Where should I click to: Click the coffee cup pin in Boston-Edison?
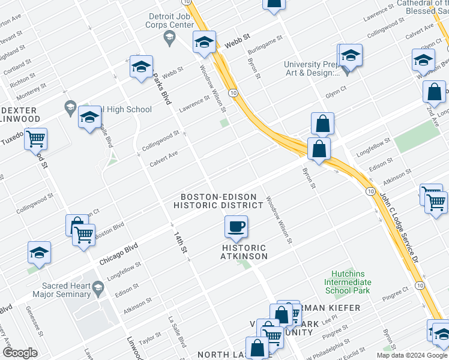click(236, 227)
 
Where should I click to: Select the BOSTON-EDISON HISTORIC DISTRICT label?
click(218, 201)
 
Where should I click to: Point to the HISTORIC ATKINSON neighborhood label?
click(244, 252)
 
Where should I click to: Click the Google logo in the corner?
click(20, 353)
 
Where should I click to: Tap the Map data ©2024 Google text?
click(411, 356)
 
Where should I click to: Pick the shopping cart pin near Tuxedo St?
click(35, 139)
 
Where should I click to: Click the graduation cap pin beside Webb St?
click(204, 43)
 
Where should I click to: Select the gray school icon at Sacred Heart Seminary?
click(97, 290)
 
